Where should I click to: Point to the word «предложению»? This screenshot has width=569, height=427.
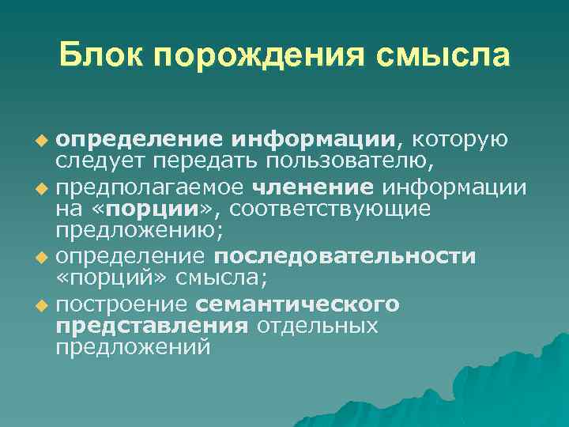point(135,233)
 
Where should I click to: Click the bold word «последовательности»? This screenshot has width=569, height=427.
point(345,257)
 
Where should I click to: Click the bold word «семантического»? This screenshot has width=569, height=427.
point(297,304)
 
